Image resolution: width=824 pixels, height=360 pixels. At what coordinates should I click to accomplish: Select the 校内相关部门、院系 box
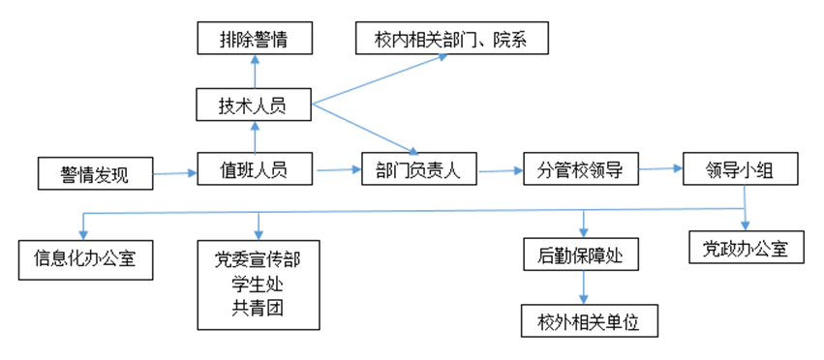point(450,40)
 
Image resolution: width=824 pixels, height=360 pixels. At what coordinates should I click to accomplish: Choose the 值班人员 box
point(255,170)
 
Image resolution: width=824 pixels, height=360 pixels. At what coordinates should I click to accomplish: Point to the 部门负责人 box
point(416,171)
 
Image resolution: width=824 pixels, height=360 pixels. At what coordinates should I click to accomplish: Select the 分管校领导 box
point(579,170)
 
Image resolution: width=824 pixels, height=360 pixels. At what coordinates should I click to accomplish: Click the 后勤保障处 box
point(582,255)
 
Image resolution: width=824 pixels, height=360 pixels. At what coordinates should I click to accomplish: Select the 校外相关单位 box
point(589,318)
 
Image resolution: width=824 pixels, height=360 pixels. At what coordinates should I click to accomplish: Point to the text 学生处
point(258,284)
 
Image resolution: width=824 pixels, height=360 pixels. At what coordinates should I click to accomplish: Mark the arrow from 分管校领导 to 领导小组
point(660,170)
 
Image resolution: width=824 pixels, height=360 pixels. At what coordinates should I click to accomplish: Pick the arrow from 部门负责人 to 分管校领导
point(497,171)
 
